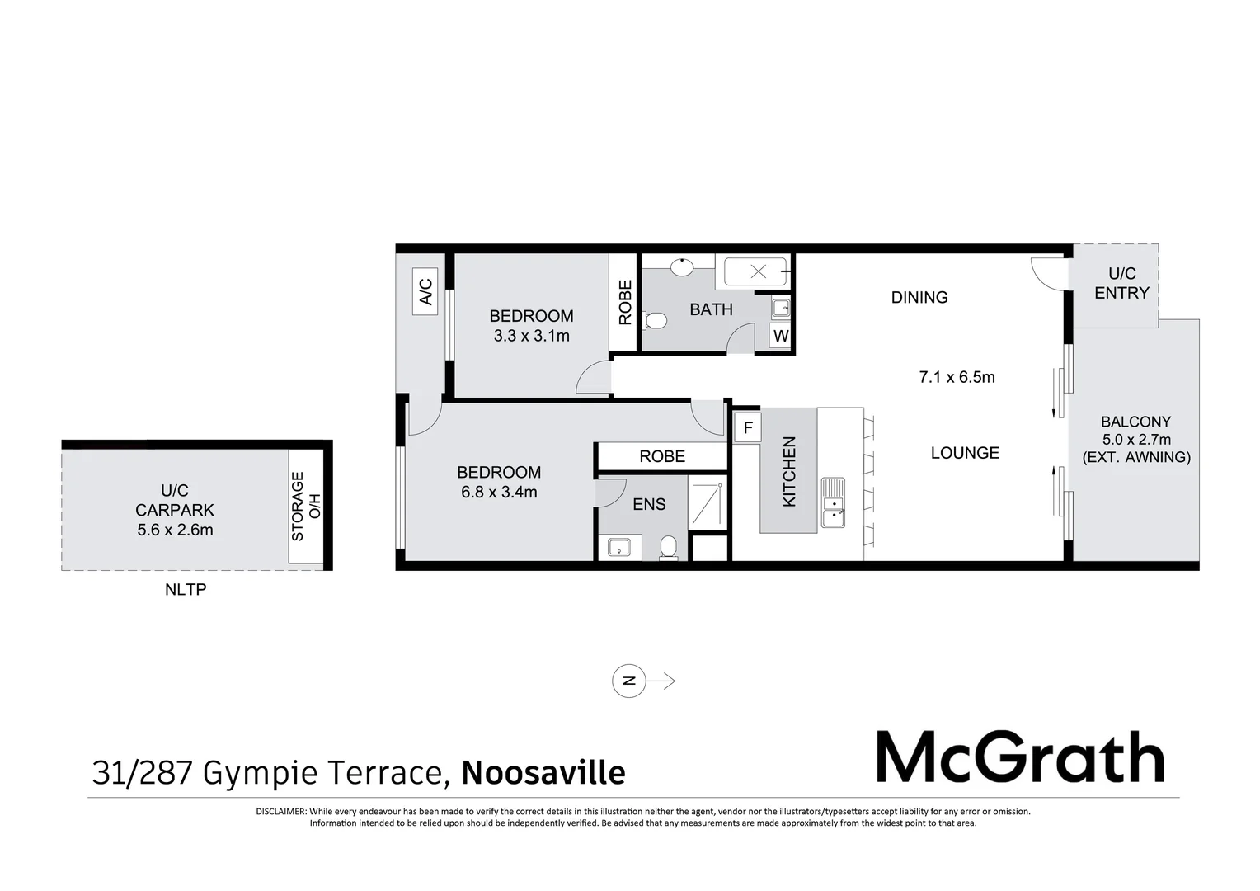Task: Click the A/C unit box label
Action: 425,292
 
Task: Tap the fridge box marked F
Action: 748,428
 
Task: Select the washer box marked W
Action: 780,337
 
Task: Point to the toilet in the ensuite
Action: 669,548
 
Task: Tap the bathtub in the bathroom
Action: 757,271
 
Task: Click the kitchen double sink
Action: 833,503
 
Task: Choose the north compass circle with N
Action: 628,681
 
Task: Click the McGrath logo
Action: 1019,757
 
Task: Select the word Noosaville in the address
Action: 543,773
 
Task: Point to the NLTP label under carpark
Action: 186,590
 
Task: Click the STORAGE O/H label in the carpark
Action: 305,507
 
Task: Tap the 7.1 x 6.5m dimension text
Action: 957,377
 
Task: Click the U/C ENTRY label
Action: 1121,283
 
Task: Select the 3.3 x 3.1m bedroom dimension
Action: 531,336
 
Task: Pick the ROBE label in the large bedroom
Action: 662,456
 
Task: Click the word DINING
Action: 919,297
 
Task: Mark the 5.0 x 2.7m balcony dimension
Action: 1136,440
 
